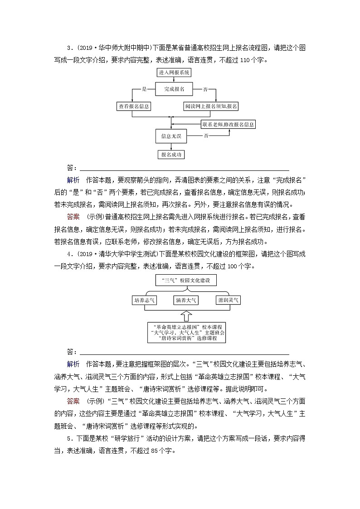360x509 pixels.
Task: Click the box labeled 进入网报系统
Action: pos(175,73)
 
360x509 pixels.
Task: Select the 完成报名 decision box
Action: pos(174,89)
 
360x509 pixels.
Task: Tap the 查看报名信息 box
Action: pos(134,106)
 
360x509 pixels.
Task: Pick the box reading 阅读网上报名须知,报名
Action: pos(211,106)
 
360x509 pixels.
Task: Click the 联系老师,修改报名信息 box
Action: pos(228,124)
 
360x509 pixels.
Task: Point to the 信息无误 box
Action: pos(171,136)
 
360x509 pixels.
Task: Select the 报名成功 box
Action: pos(171,155)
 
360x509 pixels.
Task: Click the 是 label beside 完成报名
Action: pos(145,89)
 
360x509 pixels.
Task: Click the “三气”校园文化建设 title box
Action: pos(186,281)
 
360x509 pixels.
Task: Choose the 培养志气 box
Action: pos(144,300)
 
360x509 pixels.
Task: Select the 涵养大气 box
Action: pos(186,300)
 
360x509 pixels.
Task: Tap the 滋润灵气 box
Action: pos(228,300)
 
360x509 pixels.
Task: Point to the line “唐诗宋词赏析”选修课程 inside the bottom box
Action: pos(186,338)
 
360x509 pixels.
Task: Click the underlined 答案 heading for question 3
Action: pos(73,204)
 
